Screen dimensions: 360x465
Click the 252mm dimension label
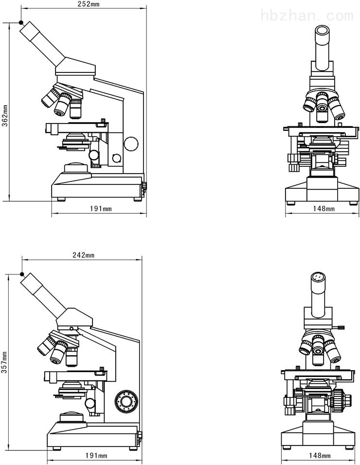coord(89,4)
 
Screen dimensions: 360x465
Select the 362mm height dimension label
coord(5,115)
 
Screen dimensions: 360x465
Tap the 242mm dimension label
coord(84,255)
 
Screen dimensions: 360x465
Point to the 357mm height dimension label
coord(4,362)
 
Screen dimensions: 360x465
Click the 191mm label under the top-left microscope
coord(101,209)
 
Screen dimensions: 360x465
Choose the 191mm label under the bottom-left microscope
coord(96,455)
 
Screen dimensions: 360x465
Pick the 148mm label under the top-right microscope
coord(324,209)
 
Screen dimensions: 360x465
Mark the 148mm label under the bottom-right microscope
coord(320,455)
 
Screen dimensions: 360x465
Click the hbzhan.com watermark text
coord(307,15)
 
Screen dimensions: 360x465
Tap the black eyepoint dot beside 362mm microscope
coord(21,22)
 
